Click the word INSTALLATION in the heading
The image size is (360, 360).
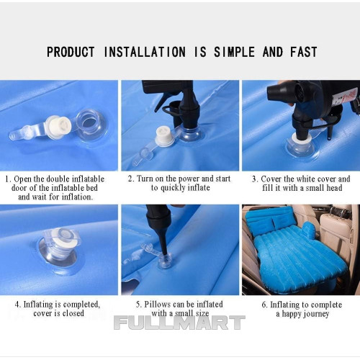(x=145, y=52)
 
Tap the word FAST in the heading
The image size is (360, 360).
(x=304, y=52)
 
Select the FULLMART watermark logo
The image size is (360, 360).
(x=179, y=323)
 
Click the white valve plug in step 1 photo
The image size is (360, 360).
(x=59, y=127)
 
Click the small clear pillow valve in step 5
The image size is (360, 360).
(x=165, y=260)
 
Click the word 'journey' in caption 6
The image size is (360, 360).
(x=317, y=314)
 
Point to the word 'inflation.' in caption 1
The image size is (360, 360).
(x=77, y=197)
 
